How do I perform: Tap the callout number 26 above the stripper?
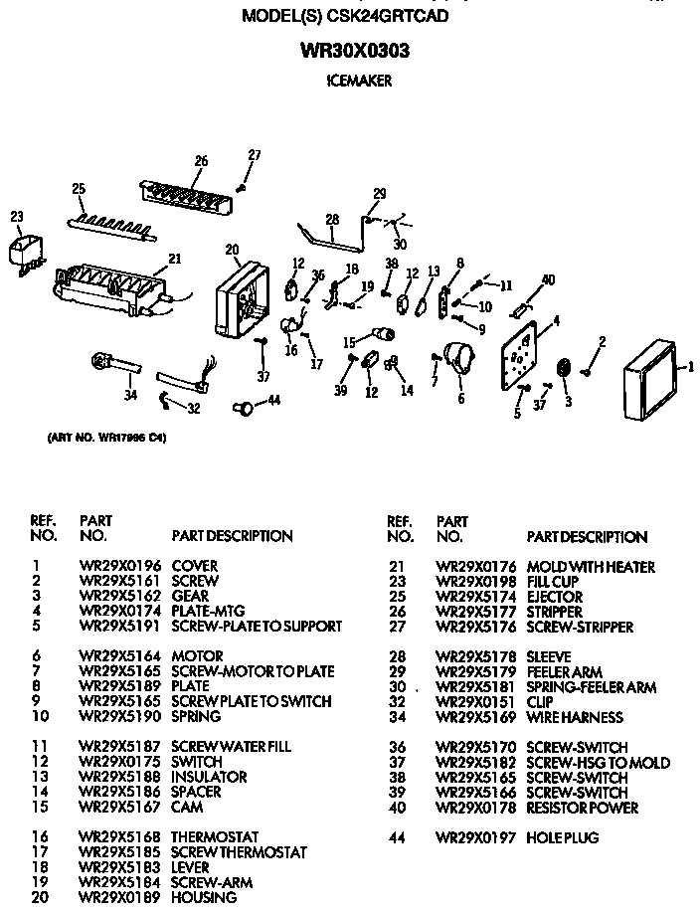click(201, 161)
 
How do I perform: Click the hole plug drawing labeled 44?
click(242, 406)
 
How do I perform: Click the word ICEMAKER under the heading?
click(358, 83)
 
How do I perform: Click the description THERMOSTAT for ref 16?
click(215, 836)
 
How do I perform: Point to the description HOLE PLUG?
click(563, 837)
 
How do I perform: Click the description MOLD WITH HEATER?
click(591, 567)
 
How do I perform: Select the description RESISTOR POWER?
click(582, 808)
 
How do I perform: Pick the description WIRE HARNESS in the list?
click(575, 717)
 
